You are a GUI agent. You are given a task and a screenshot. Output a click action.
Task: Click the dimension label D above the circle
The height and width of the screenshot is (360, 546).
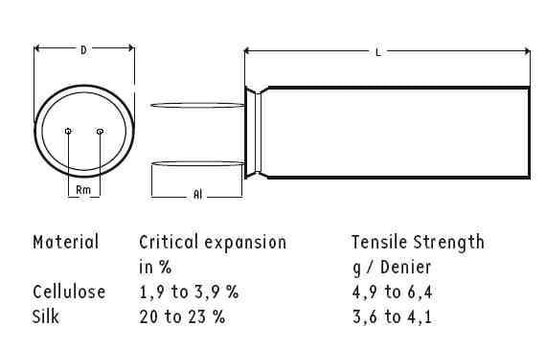tap(84, 50)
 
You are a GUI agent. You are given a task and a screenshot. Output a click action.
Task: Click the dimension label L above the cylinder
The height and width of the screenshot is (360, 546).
tap(379, 53)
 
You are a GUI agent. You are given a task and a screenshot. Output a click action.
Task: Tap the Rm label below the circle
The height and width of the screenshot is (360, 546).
tap(83, 190)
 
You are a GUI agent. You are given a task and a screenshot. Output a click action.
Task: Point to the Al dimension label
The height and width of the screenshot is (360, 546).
tap(197, 194)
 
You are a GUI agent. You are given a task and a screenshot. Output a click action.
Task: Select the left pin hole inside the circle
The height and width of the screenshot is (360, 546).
tap(68, 131)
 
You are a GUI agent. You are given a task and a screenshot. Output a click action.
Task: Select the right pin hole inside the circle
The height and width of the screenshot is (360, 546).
tap(100, 131)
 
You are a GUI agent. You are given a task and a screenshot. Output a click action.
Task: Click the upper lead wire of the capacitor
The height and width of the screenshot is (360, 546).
tap(198, 105)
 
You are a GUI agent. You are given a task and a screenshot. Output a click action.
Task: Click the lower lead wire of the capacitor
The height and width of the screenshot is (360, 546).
tap(198, 163)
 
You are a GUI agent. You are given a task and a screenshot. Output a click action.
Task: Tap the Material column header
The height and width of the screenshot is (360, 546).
tap(66, 242)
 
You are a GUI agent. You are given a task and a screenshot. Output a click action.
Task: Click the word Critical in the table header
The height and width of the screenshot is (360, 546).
tap(169, 242)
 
